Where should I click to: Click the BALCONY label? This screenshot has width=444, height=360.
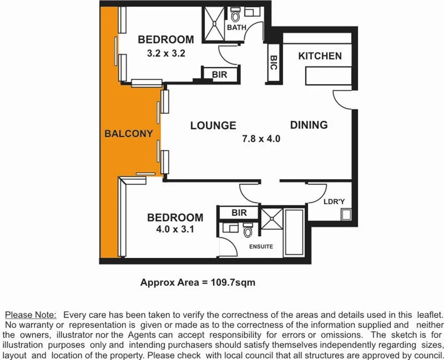click(128, 134)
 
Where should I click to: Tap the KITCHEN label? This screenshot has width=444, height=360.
click(320, 56)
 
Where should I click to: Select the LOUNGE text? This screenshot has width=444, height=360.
click(213, 125)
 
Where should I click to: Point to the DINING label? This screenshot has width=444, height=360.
click(309, 125)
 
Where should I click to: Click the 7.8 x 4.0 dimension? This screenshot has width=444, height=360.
click(261, 139)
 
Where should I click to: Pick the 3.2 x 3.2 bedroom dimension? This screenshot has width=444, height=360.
click(166, 53)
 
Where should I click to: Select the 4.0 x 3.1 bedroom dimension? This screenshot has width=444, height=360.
click(175, 230)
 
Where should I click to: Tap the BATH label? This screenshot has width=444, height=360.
click(236, 27)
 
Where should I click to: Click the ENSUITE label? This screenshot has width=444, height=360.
click(261, 246)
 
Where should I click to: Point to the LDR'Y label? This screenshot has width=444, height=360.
click(334, 202)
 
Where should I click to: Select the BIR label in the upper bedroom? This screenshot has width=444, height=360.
click(219, 75)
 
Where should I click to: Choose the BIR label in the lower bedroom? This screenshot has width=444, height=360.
click(239, 213)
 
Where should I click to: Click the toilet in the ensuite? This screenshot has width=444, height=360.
click(247, 232)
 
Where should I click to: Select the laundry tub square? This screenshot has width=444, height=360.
click(347, 214)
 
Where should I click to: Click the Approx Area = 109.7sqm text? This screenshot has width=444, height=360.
click(198, 282)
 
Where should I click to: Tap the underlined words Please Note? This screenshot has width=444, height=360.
click(30, 314)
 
